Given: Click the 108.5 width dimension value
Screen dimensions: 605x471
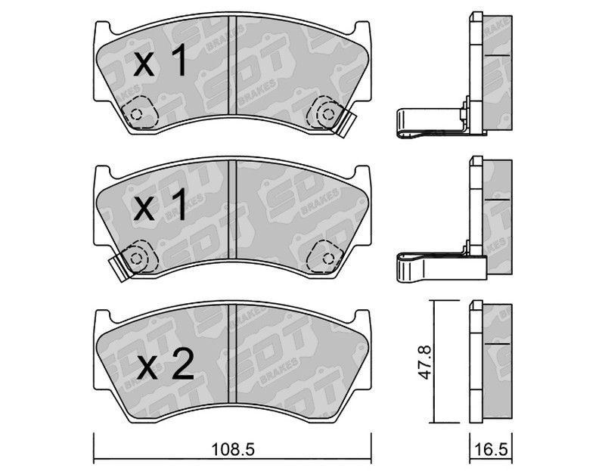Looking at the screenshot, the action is point(234,449).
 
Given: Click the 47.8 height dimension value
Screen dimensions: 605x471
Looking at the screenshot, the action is point(427,362).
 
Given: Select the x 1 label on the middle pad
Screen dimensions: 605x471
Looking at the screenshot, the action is point(159,204).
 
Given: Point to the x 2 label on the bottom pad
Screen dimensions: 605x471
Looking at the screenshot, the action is point(166,365).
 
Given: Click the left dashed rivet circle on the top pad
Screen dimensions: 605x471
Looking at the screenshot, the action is point(136,114).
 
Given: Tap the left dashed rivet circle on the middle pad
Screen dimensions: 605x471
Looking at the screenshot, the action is point(136,259).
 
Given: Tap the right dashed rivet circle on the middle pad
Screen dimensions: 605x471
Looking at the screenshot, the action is point(328,258).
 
